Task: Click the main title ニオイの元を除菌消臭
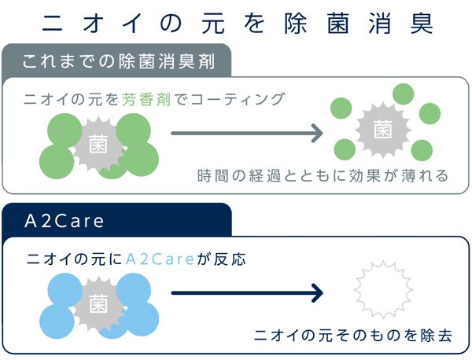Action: [238, 24]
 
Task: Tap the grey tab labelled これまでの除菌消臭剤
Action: [116, 61]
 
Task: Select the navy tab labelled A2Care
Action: [116, 221]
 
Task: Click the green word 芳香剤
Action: [146, 99]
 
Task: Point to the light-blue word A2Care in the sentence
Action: [160, 259]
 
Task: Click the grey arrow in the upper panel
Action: [247, 133]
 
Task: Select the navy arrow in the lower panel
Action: [247, 292]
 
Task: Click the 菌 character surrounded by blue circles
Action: [98, 303]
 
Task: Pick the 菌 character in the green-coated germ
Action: [98, 144]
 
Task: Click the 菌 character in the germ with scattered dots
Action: [383, 130]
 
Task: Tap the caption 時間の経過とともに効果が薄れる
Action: [323, 176]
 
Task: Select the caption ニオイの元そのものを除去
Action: [352, 336]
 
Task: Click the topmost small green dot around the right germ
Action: [404, 94]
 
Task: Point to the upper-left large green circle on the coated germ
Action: [65, 130]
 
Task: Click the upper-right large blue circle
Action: [134, 290]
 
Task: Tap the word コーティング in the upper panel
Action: [238, 99]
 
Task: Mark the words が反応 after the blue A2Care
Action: [221, 259]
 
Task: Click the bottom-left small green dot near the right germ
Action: [345, 149]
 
